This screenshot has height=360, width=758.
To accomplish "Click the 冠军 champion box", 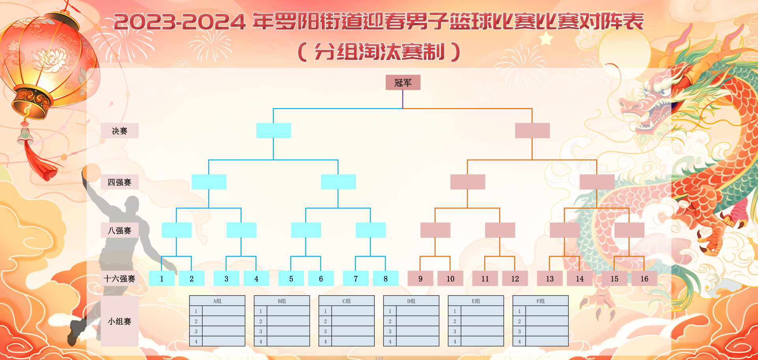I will [403, 82].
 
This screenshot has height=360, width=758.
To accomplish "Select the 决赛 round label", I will [120, 131].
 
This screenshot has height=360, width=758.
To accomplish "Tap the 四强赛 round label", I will [120, 182].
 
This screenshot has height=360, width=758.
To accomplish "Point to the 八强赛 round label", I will [120, 230].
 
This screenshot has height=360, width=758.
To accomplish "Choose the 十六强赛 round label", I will [120, 279].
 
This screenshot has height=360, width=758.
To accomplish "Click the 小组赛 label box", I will [120, 321].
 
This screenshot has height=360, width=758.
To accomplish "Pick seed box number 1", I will [161, 279].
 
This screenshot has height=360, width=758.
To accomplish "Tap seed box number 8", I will [385, 279].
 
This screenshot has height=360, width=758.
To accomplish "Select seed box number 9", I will [420, 279].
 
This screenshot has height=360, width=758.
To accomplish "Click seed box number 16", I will [644, 279].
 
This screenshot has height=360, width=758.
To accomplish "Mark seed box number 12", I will [515, 279].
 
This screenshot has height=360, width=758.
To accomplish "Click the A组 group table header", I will [217, 301].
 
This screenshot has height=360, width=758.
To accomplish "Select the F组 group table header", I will [540, 301].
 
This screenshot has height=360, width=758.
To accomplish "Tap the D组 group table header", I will [411, 301].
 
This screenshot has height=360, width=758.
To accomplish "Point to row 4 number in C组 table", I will [325, 341].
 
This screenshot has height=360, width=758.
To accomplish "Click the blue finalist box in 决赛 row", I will [274, 131].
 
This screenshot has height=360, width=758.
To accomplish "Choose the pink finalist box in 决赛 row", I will [532, 131].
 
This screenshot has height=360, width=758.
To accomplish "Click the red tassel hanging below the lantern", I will [39, 162].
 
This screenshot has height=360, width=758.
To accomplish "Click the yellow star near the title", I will [546, 39].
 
